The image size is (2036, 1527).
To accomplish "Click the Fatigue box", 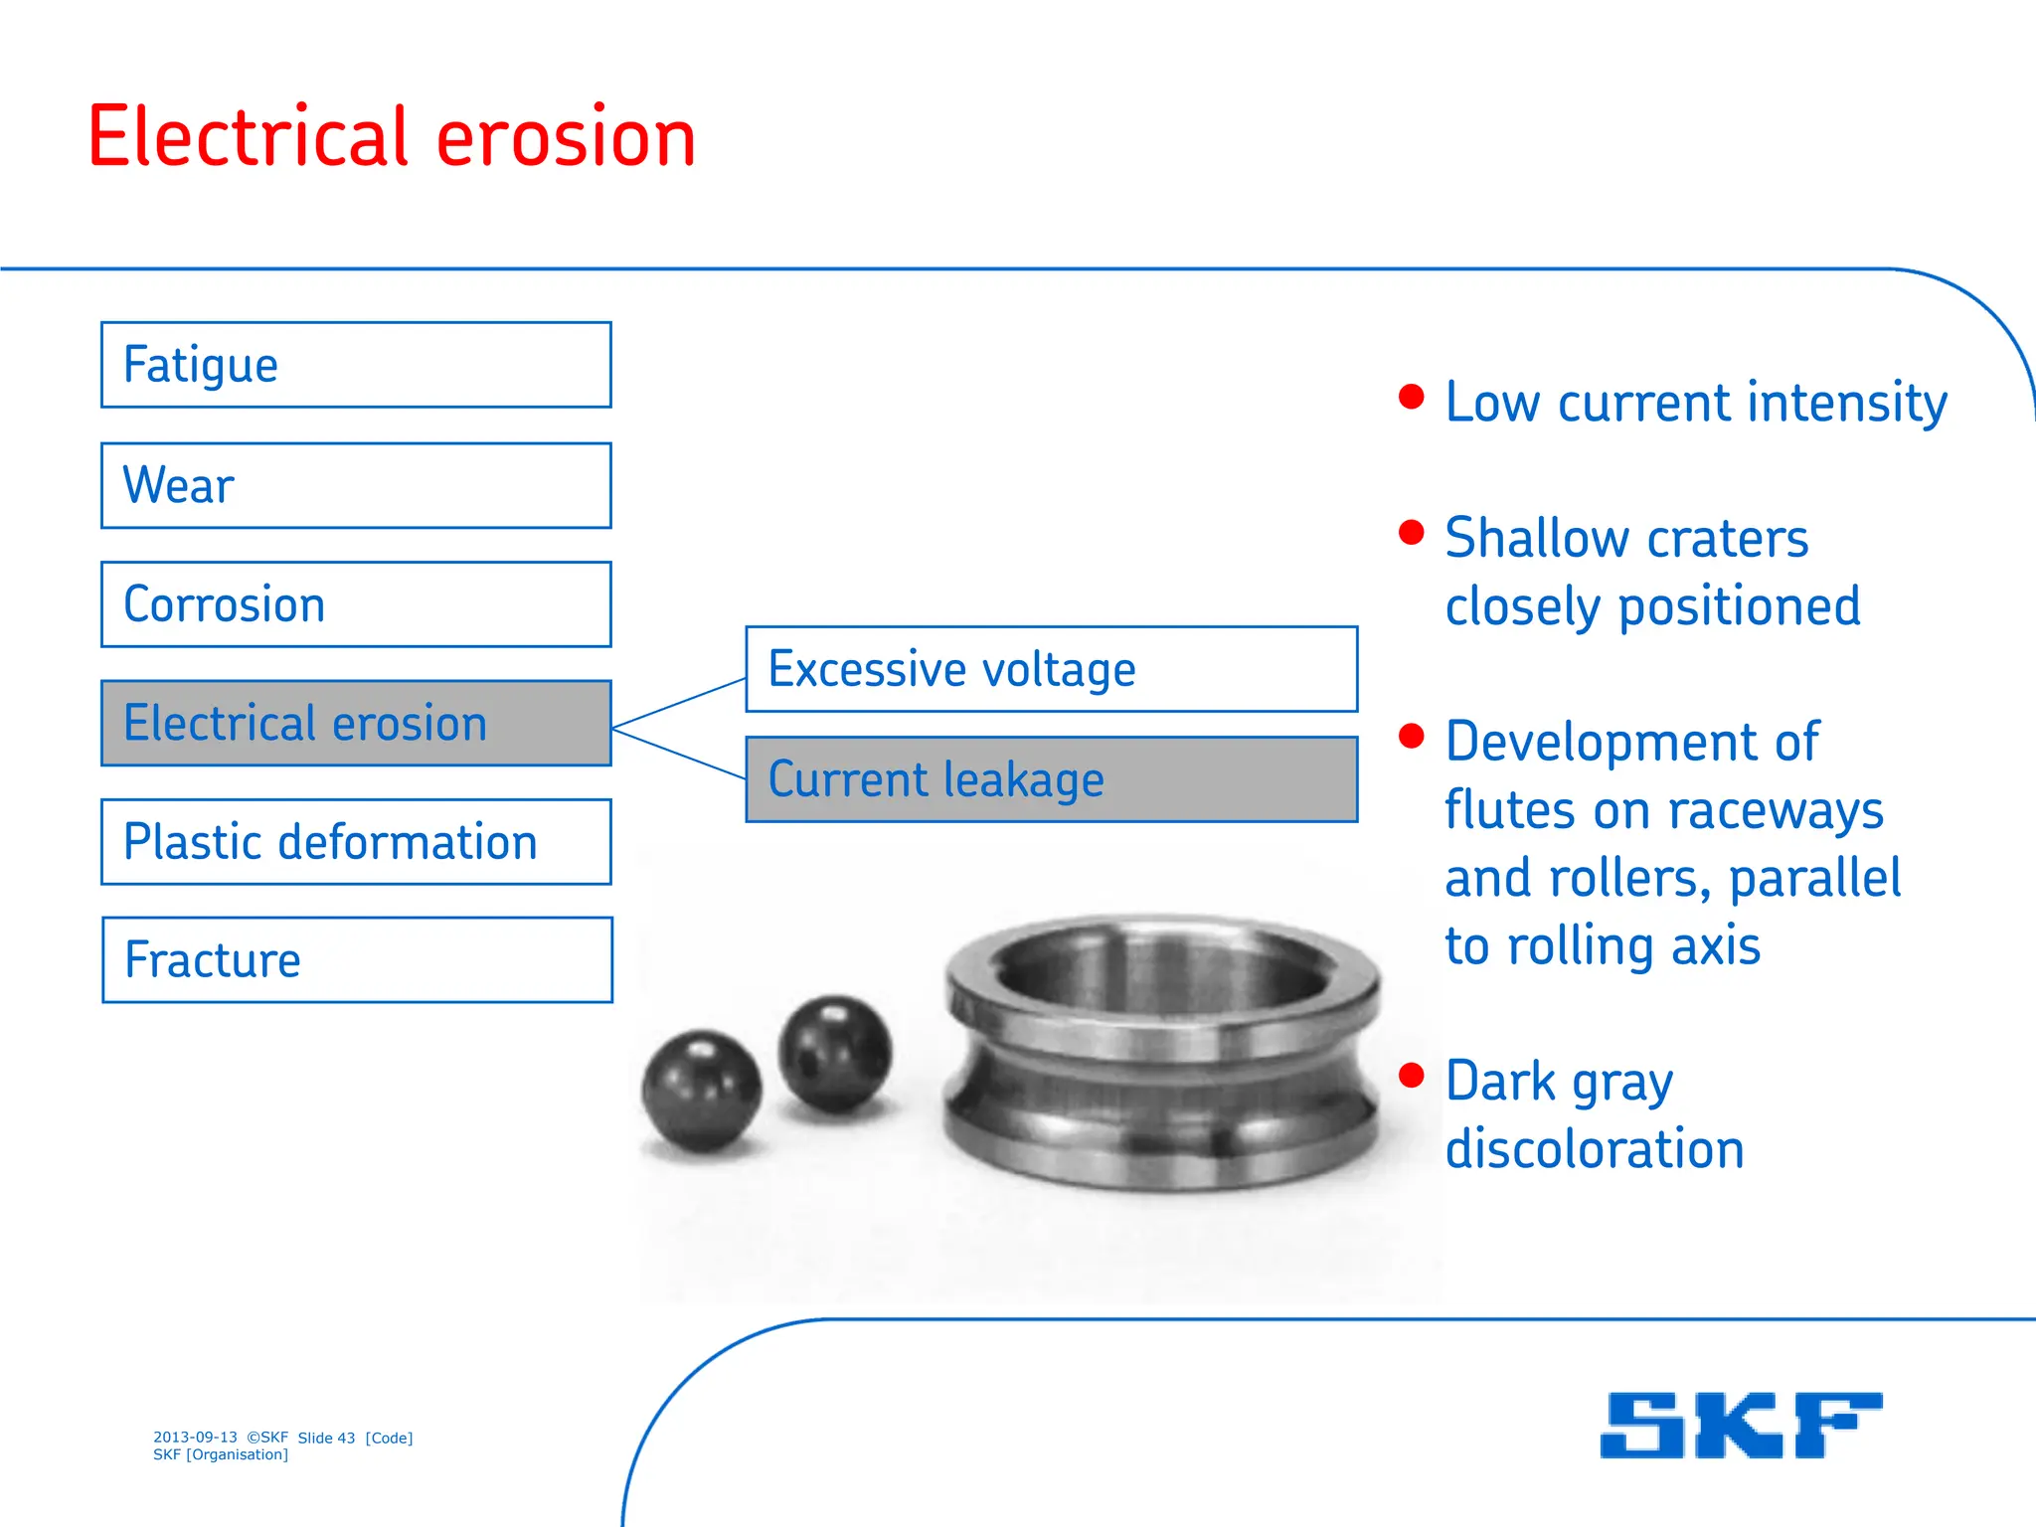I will [x=356, y=365].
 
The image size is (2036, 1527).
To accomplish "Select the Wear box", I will [x=356, y=485].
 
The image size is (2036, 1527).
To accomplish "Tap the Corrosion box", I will [x=356, y=604].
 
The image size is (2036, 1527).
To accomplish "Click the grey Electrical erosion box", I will [x=356, y=723].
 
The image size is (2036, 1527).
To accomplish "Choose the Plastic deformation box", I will [x=356, y=842].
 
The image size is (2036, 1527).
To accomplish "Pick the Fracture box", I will [x=356, y=960].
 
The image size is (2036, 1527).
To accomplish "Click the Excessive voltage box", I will [x=1051, y=669].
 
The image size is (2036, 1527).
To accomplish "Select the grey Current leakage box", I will [x=1051, y=779].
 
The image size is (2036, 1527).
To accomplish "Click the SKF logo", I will [x=1741, y=1426].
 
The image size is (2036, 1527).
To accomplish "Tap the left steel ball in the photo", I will [x=702, y=1091].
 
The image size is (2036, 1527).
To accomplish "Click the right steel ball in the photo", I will [x=835, y=1054].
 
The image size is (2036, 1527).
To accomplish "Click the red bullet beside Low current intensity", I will [x=1411, y=397].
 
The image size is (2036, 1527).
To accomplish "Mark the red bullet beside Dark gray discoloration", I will [x=1411, y=1075].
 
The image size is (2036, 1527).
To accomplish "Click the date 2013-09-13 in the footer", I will [x=195, y=1438].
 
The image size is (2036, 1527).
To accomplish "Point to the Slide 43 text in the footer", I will [x=326, y=1438].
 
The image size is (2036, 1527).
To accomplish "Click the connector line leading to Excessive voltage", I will [x=679, y=704].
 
